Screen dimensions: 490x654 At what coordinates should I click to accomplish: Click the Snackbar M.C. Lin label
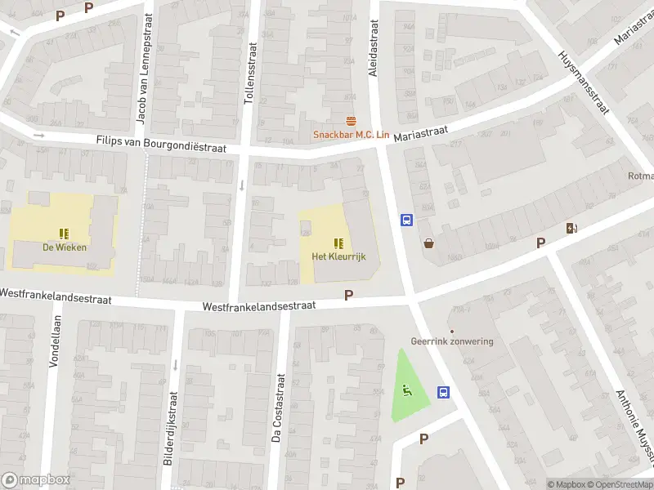pos(351,135)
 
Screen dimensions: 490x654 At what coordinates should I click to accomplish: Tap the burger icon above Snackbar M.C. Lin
pos(352,121)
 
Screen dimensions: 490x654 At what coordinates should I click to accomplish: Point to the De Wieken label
pos(65,247)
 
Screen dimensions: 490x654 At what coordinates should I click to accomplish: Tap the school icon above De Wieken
pos(65,234)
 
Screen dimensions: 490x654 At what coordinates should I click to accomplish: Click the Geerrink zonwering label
pos(452,341)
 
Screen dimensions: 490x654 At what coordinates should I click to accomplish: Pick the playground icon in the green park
pos(406,390)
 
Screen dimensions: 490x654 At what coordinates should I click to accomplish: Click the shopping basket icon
pos(428,243)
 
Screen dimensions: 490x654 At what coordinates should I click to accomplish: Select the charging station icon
pos(571,229)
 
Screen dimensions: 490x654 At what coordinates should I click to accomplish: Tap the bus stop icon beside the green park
pos(444,392)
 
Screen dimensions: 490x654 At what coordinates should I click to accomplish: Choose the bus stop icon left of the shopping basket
pos(405,220)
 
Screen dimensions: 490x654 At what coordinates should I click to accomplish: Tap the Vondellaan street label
pos(54,341)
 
